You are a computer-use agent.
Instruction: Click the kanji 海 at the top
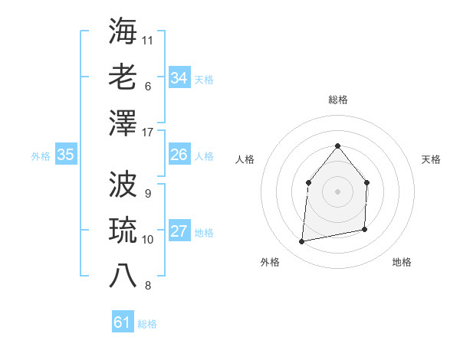point(123,30)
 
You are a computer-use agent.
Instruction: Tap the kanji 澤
point(123,122)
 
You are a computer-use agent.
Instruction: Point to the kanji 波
point(123,183)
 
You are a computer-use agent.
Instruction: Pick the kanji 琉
point(123,229)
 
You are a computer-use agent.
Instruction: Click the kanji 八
point(123,275)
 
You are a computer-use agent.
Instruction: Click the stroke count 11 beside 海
point(148,39)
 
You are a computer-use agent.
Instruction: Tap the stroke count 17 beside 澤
point(148,132)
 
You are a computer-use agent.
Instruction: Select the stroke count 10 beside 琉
point(148,239)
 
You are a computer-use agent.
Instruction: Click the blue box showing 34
point(179,77)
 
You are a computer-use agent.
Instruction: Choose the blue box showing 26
point(179,155)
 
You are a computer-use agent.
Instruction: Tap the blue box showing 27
point(179,231)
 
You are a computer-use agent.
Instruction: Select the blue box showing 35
point(65,155)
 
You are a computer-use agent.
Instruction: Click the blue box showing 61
point(122,322)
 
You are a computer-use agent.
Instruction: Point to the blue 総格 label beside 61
point(147,324)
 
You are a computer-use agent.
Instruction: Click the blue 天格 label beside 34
point(204,79)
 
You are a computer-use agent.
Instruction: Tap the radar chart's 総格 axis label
point(337,100)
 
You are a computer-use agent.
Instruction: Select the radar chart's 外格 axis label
point(270,262)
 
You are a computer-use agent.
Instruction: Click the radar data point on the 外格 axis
point(302,242)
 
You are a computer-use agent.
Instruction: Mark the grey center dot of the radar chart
point(337,191)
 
